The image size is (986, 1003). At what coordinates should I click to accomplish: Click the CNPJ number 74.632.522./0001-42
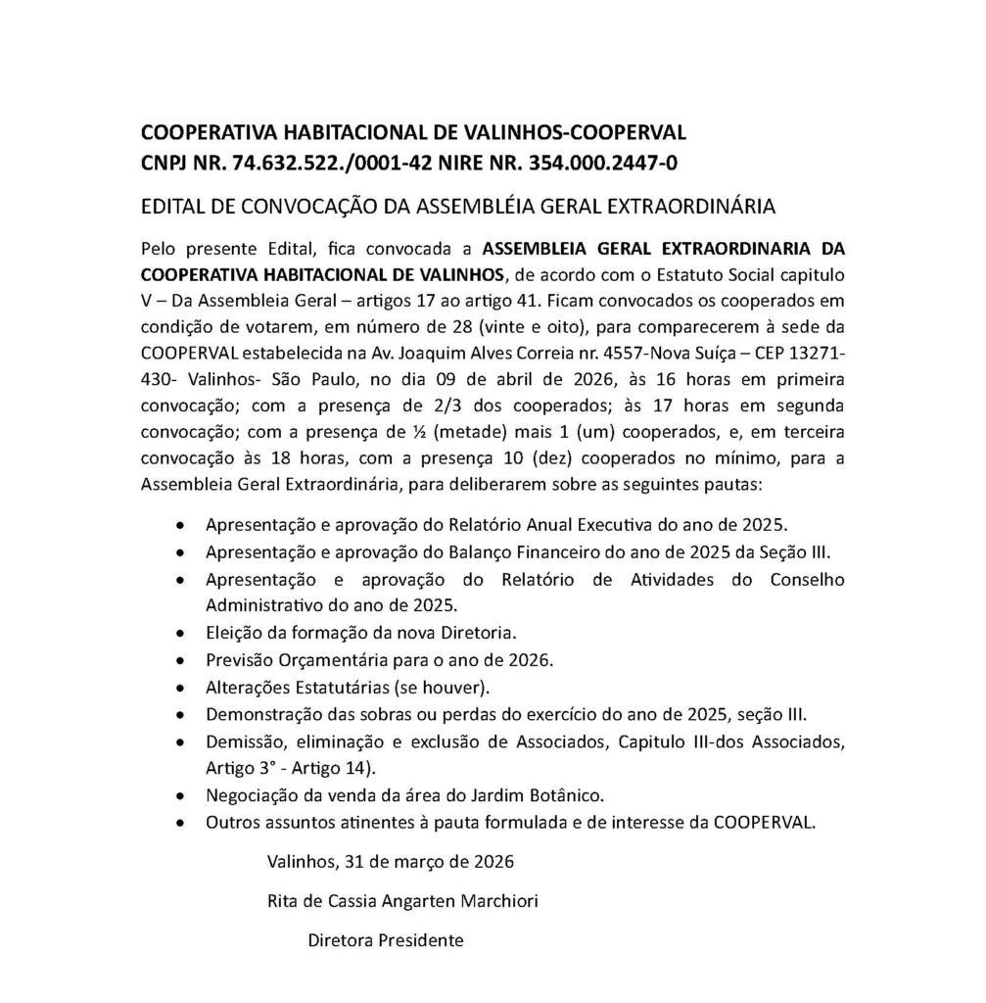coord(312,161)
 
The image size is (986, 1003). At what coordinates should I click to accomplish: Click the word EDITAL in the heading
coord(174,207)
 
